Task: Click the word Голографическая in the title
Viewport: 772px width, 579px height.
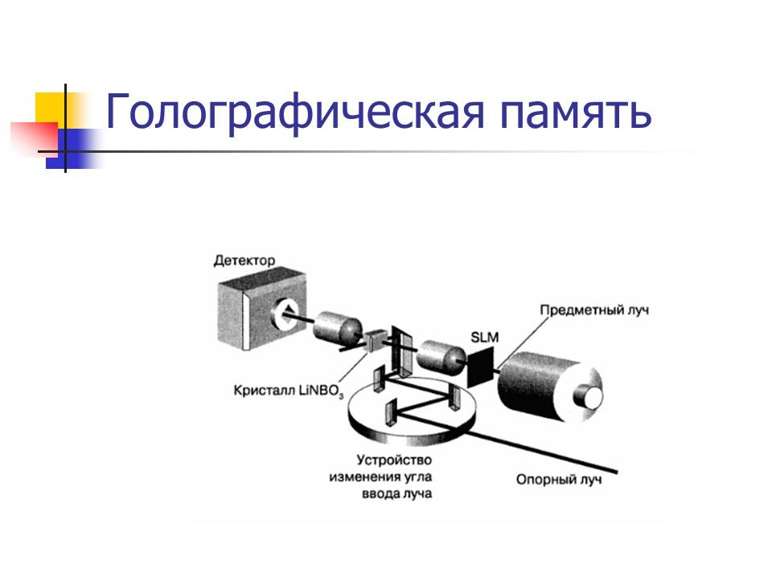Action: [x=295, y=113]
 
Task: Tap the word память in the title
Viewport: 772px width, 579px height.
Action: [x=576, y=113]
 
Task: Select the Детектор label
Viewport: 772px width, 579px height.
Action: [x=244, y=260]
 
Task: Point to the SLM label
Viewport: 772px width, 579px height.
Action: [x=484, y=337]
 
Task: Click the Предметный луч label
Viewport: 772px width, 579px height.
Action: [x=594, y=310]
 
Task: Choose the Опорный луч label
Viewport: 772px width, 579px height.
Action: [x=559, y=479]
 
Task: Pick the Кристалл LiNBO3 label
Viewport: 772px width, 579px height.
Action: [x=289, y=391]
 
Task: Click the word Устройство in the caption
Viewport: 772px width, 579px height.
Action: [x=394, y=460]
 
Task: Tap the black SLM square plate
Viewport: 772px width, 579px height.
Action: [x=480, y=367]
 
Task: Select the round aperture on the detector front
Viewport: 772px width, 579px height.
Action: [x=285, y=313]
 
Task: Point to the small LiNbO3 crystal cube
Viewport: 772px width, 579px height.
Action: [x=376, y=339]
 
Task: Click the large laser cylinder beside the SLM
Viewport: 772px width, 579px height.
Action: [x=550, y=387]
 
